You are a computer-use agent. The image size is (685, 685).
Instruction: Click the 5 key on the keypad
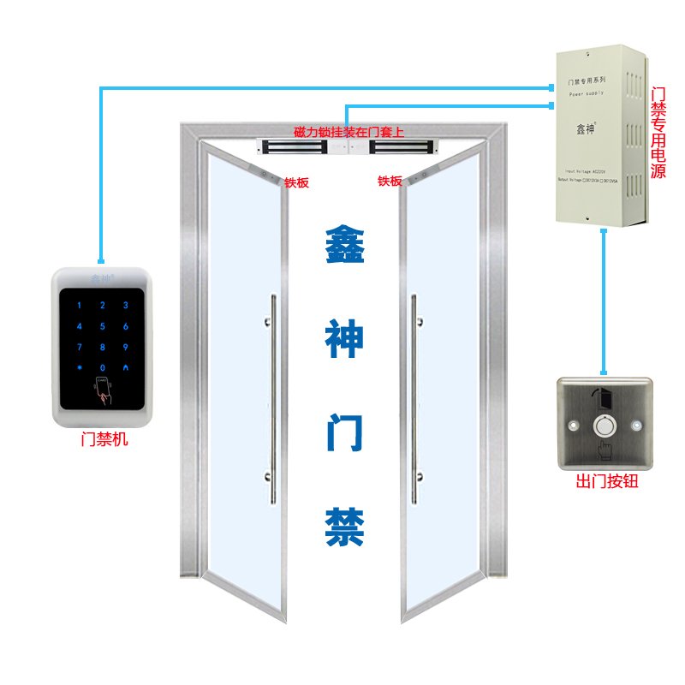coord(103,326)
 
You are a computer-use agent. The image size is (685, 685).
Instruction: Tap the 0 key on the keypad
coord(103,367)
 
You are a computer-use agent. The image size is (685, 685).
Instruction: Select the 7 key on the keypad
coord(80,347)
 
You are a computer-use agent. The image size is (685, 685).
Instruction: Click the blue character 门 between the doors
coord(344,433)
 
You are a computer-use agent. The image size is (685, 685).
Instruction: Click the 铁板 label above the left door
coord(296,182)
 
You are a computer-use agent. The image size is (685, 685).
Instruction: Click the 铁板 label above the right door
coord(390,181)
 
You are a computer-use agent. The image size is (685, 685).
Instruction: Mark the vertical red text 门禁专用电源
coord(658,132)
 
